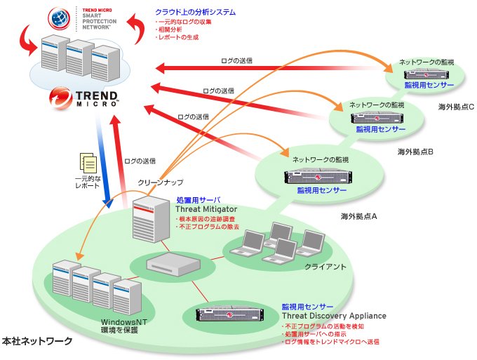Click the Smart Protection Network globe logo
[60, 18]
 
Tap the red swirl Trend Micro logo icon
[60, 98]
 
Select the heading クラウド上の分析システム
[195, 12]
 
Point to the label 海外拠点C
[456, 107]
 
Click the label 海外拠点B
[415, 152]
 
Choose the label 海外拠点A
[358, 216]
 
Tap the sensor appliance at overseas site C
[426, 74]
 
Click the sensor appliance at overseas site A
[318, 177]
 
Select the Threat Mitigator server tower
[151, 219]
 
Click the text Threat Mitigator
[206, 209]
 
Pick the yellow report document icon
[88, 163]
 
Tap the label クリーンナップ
[161, 182]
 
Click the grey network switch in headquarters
[173, 262]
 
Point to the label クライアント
[325, 267]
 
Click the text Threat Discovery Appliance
[334, 316]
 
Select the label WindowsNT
[124, 322]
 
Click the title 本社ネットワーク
[37, 341]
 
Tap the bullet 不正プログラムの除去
[209, 227]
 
